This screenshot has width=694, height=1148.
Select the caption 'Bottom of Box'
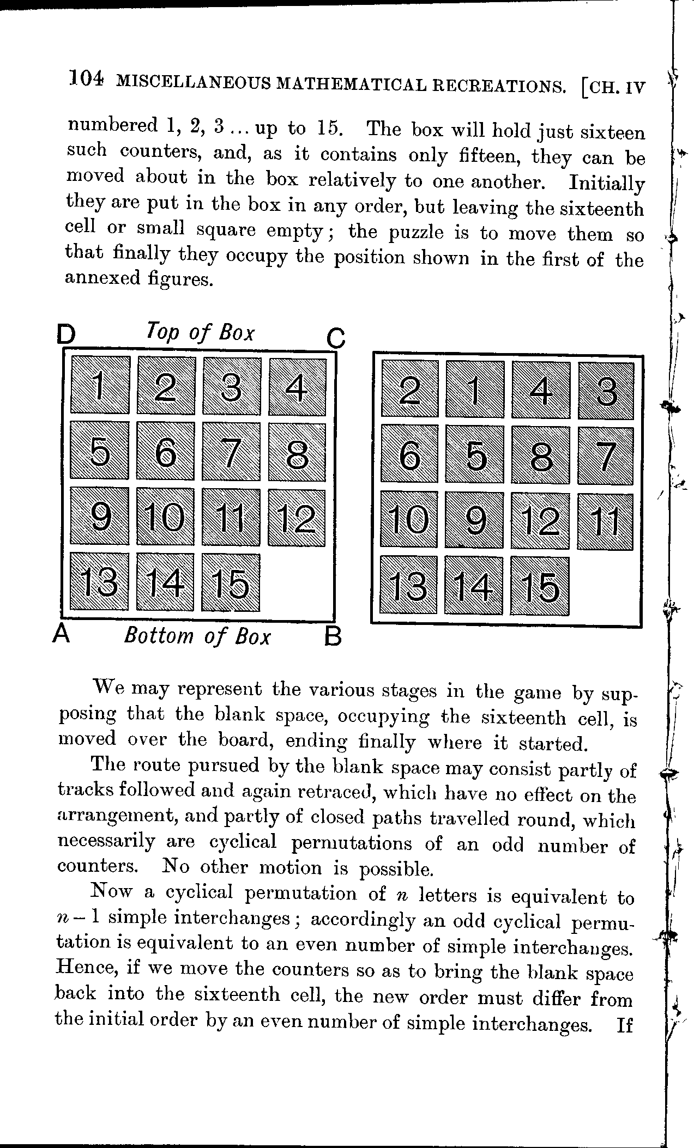197,636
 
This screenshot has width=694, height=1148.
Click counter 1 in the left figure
100,385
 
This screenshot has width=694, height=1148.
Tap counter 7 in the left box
231,451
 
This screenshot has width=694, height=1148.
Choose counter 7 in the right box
606,455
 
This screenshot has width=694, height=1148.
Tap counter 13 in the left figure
100,582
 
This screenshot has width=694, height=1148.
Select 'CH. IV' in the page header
614,87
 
